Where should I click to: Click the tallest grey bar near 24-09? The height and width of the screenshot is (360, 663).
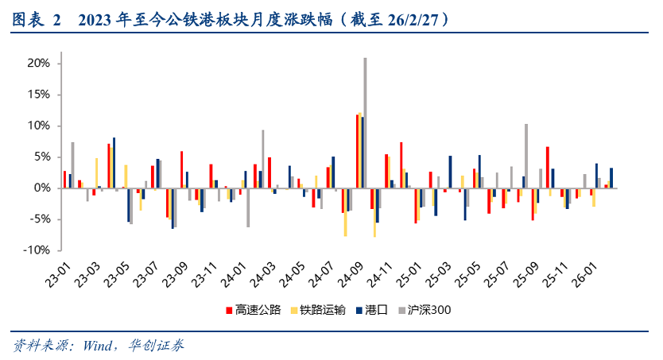(365, 122)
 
